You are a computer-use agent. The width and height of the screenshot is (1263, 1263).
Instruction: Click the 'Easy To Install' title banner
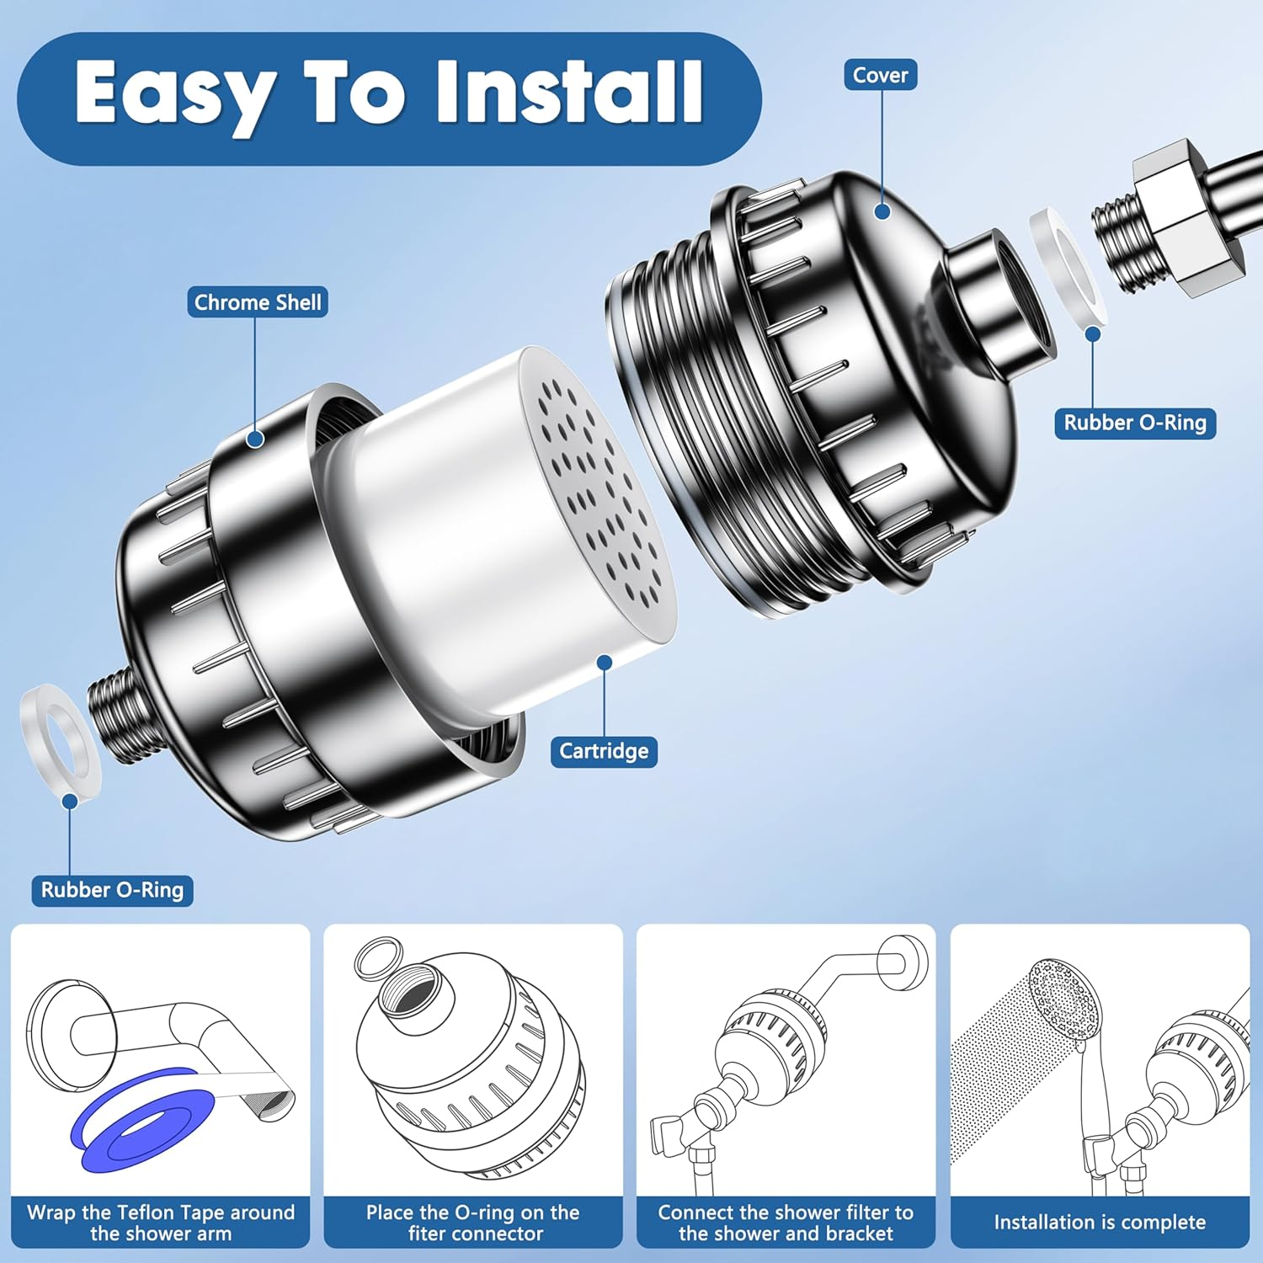[x=389, y=98]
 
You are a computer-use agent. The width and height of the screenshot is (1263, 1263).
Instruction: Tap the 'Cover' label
[x=880, y=75]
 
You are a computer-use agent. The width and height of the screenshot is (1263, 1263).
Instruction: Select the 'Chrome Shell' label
[x=258, y=302]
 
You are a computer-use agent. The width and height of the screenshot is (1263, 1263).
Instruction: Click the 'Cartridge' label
[x=604, y=751]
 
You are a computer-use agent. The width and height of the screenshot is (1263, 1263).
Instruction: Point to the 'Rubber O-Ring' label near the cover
[x=1135, y=423]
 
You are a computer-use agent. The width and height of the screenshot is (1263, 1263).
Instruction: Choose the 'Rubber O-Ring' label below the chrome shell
[x=112, y=890]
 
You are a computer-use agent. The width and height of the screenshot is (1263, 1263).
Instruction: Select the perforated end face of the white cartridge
[x=600, y=496]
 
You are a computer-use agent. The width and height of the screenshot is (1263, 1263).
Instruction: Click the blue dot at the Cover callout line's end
[x=882, y=210]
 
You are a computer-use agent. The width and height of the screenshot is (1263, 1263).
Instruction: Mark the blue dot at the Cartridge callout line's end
[x=605, y=663]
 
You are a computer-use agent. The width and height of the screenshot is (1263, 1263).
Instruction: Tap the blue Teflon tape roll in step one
[x=139, y=1120]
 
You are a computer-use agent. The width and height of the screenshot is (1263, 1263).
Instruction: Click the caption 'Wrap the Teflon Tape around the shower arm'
[x=161, y=1223]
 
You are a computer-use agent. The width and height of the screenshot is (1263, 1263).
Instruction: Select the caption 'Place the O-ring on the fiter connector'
[x=473, y=1223]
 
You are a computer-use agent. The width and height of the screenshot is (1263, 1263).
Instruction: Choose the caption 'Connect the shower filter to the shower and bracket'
[x=786, y=1223]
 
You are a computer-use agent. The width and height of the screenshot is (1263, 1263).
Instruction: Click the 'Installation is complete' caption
[x=1100, y=1222]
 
